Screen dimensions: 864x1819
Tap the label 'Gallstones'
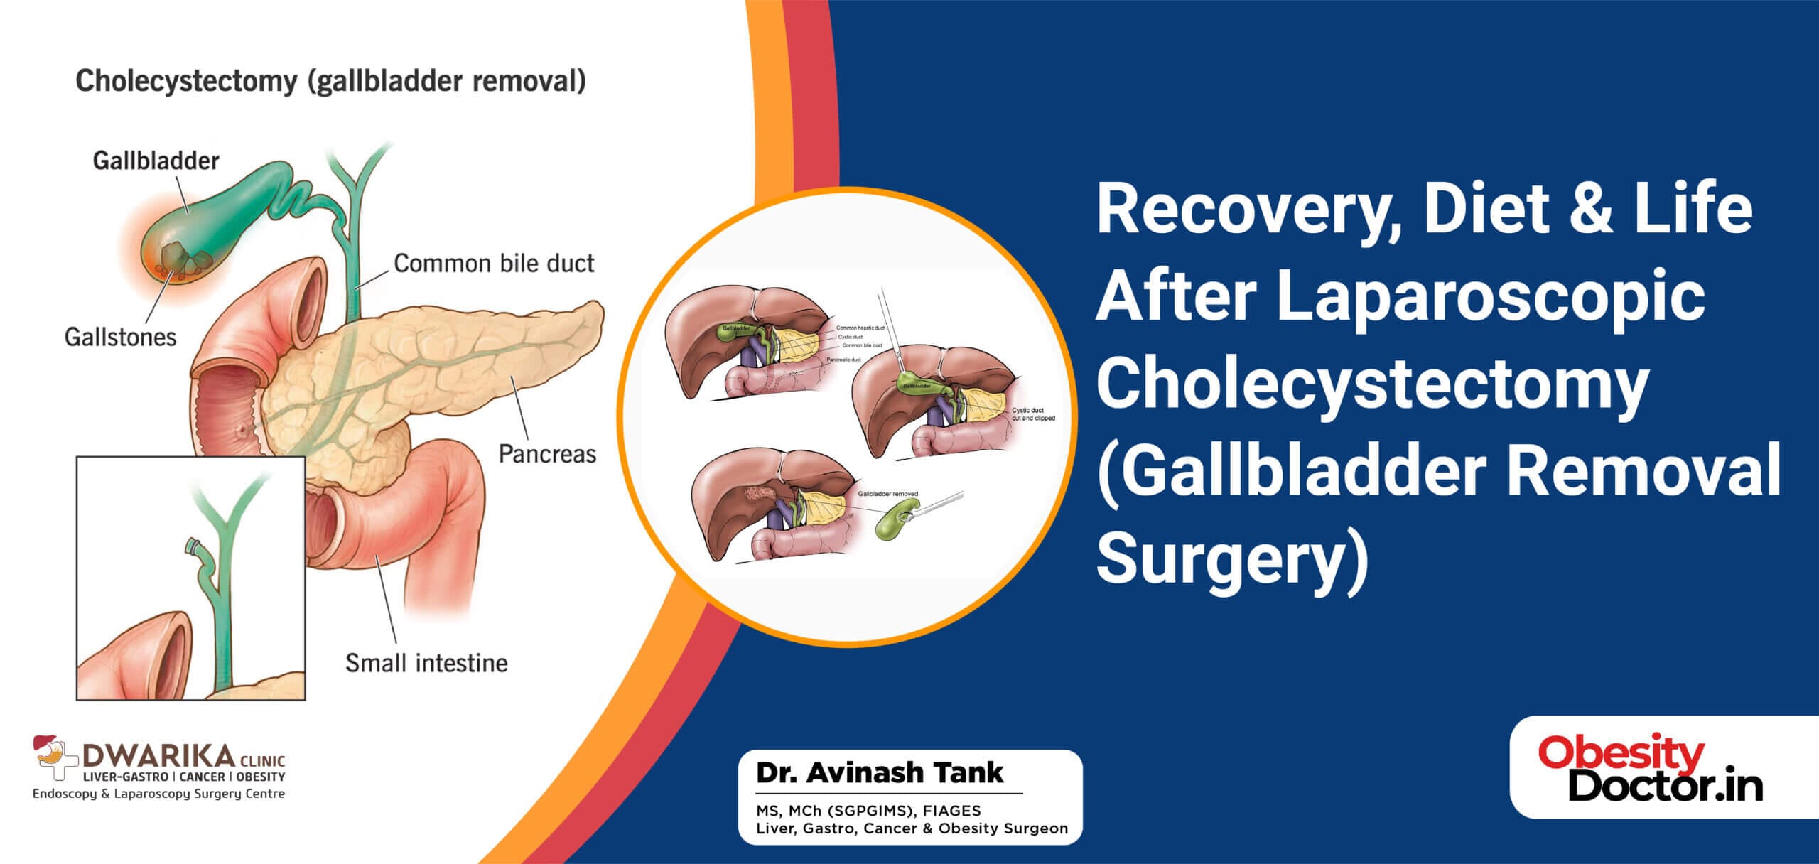tap(120, 336)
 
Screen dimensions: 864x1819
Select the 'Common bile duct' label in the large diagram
tap(494, 264)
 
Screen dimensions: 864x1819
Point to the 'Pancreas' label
tap(547, 454)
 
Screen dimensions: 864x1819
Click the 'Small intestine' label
tap(426, 663)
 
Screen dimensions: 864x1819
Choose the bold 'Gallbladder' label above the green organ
tap(156, 161)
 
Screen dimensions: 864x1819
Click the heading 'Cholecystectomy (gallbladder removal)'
tap(331, 82)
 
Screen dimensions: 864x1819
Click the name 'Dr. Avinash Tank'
tap(880, 772)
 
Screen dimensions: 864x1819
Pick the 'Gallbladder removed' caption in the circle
tap(887, 494)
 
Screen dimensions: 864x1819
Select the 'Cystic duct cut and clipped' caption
tap(1033, 414)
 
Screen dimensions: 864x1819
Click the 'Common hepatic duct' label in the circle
tap(860, 328)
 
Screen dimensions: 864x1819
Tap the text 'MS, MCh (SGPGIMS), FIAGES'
tap(868, 810)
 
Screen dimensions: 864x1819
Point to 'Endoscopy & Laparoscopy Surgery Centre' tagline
tap(158, 794)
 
